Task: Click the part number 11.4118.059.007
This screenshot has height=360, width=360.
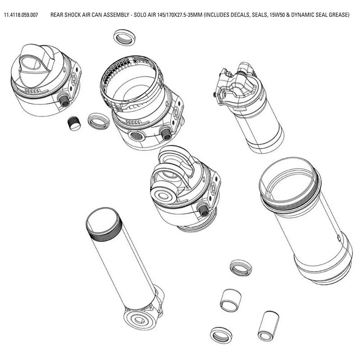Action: click(21, 15)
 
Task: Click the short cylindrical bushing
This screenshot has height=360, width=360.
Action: click(230, 300)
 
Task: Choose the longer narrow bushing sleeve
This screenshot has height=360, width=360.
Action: click(269, 325)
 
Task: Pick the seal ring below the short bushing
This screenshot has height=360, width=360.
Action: click(221, 335)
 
